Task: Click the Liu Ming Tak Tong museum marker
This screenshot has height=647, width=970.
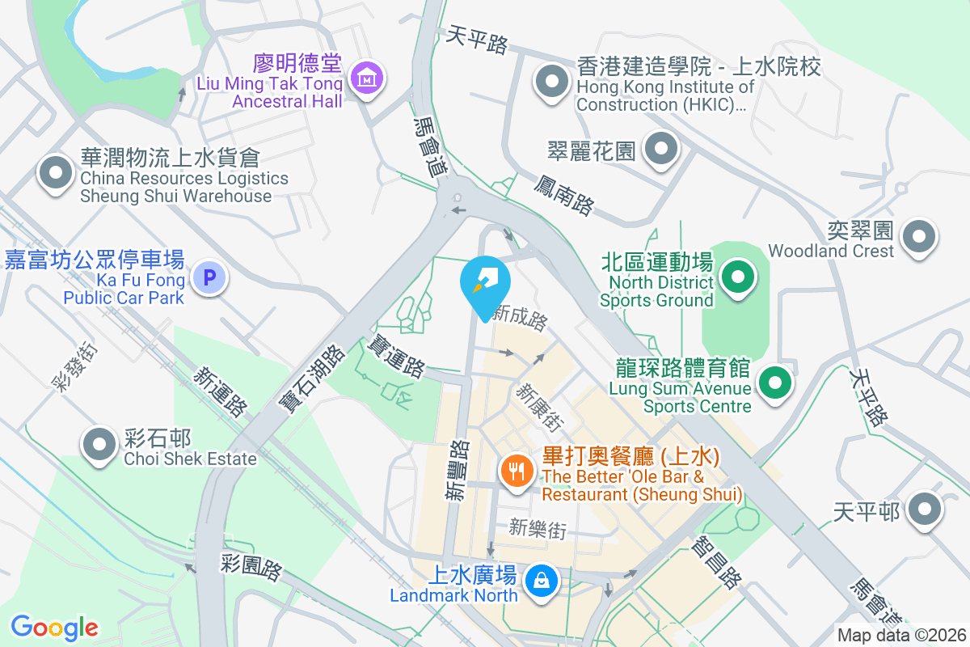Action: [368, 78]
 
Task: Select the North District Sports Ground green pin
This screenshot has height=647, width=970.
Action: [736, 279]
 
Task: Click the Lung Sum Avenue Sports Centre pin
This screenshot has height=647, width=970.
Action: [775, 382]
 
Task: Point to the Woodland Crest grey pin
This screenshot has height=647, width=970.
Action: [919, 236]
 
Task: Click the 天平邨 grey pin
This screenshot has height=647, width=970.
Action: [924, 510]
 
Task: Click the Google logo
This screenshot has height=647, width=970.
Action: [55, 627]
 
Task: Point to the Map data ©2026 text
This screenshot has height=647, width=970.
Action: [901, 636]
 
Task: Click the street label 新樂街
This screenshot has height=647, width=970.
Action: [538, 529]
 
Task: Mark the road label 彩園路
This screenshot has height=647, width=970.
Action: [251, 567]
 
